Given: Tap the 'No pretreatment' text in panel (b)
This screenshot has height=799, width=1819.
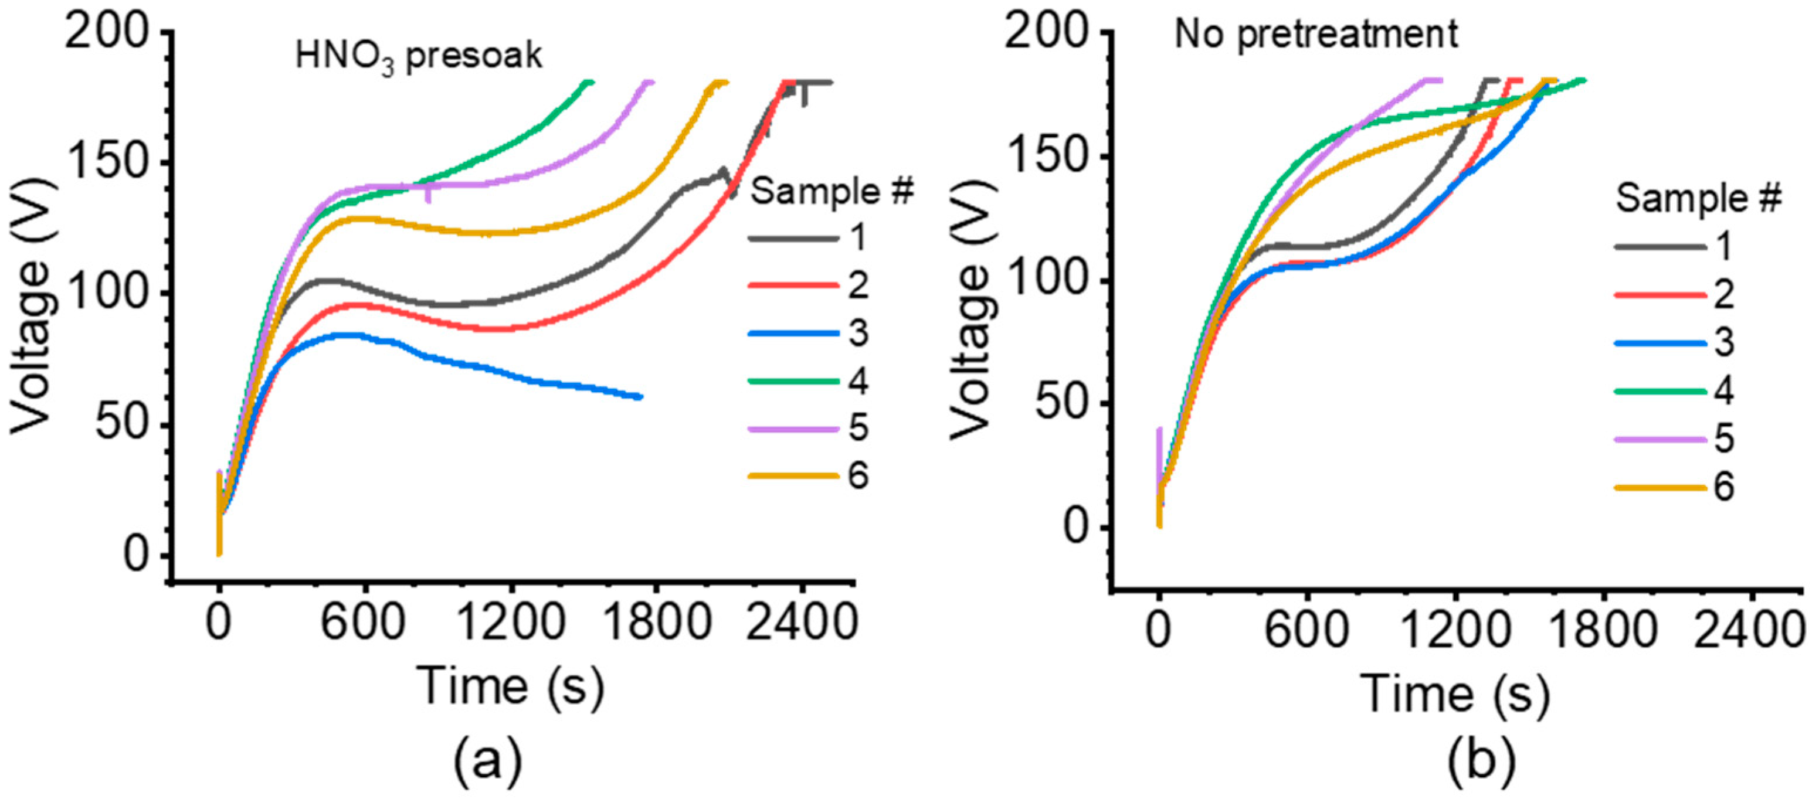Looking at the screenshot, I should tap(1315, 34).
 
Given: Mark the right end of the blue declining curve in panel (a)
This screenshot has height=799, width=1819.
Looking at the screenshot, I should tap(639, 397).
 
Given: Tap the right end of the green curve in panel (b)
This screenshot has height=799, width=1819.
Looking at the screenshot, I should tap(1584, 80).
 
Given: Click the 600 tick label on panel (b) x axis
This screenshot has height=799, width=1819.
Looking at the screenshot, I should tap(1306, 630).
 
